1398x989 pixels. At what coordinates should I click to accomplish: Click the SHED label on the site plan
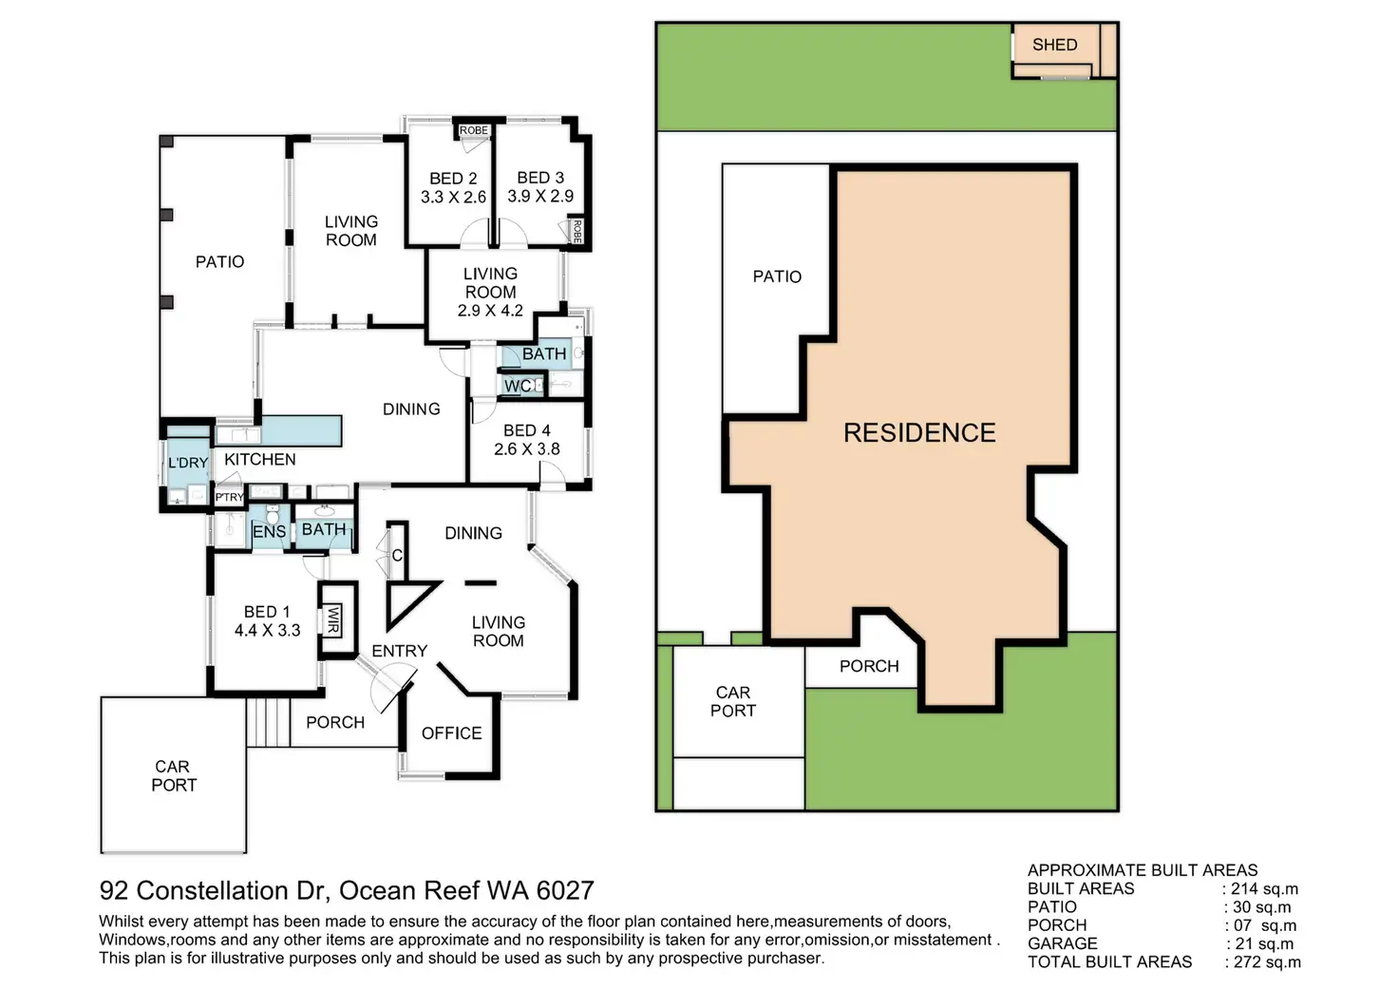pyautogui.click(x=1054, y=45)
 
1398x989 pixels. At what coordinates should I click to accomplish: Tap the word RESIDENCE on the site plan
pyautogui.click(x=919, y=433)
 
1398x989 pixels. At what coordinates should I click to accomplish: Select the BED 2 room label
pyautogui.click(x=453, y=179)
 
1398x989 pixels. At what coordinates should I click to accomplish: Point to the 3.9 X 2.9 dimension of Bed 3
pyautogui.click(x=540, y=197)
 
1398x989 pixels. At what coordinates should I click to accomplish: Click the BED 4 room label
pyautogui.click(x=527, y=430)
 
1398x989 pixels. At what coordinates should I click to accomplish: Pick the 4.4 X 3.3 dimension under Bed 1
pyautogui.click(x=267, y=630)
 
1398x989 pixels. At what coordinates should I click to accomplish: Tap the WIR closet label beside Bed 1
pyautogui.click(x=333, y=621)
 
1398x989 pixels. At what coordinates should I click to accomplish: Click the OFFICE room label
pyautogui.click(x=451, y=733)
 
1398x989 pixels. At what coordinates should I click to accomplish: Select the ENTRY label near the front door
pyautogui.click(x=399, y=651)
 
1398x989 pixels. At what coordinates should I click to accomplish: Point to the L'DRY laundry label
pyautogui.click(x=188, y=463)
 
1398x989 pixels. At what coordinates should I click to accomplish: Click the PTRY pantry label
pyautogui.click(x=230, y=497)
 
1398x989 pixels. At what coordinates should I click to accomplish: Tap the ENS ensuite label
pyautogui.click(x=269, y=532)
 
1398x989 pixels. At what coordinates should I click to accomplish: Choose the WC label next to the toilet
pyautogui.click(x=518, y=386)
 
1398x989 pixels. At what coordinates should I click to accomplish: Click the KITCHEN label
pyautogui.click(x=260, y=459)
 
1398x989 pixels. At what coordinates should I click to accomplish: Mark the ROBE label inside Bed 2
pyautogui.click(x=474, y=130)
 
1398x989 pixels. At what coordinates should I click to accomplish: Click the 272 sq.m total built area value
pyautogui.click(x=1266, y=962)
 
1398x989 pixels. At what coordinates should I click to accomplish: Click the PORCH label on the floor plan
pyautogui.click(x=335, y=722)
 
